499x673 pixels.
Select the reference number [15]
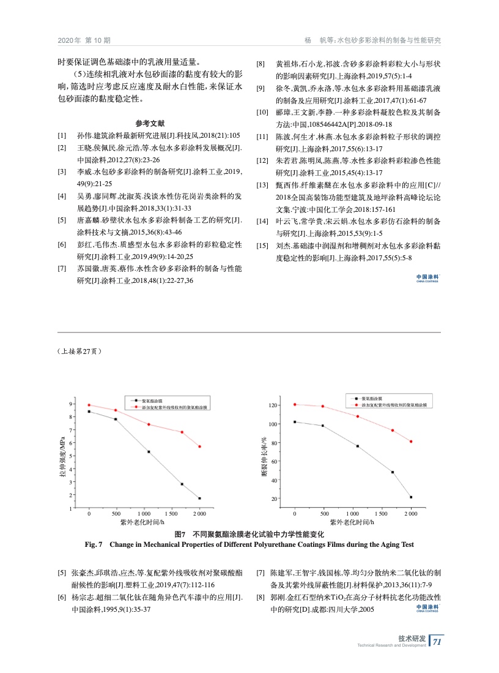point(262,246)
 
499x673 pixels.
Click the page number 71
point(437,642)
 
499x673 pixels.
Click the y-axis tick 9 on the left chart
point(71,404)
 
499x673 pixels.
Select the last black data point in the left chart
point(199,498)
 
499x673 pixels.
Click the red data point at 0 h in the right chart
point(295,404)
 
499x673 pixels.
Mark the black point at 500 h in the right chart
point(322,426)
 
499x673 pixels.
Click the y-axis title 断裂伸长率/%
point(264,456)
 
